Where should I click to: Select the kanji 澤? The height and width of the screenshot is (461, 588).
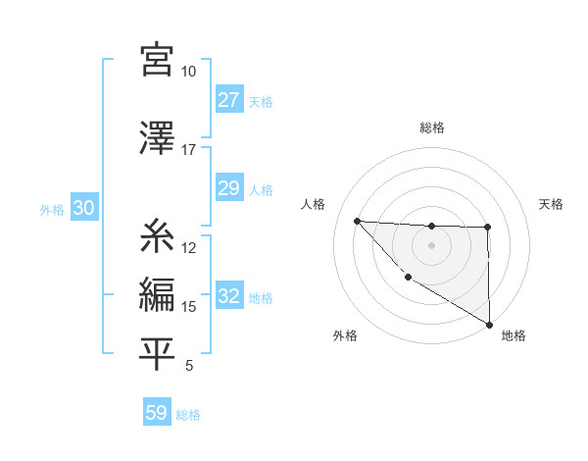[x=158, y=137]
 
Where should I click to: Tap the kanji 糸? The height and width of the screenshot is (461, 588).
[x=158, y=236]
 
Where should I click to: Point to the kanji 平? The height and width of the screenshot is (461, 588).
[x=158, y=354]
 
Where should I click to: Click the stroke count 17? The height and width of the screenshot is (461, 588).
[x=188, y=150]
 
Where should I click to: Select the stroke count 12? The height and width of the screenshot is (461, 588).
[x=188, y=248]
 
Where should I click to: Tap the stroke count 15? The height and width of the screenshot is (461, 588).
[x=188, y=307]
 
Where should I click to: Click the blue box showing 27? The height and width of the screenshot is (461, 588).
[x=228, y=100]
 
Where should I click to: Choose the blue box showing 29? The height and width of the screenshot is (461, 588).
[x=228, y=188]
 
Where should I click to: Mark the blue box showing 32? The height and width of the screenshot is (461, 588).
[x=228, y=296]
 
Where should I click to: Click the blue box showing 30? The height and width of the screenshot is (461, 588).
[x=83, y=208]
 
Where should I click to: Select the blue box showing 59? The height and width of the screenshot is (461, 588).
[x=157, y=413]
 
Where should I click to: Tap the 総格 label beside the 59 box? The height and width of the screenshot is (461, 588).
[x=189, y=415]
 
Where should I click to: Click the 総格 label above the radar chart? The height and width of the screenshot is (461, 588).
[x=431, y=128]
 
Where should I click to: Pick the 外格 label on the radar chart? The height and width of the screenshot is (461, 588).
[x=344, y=336]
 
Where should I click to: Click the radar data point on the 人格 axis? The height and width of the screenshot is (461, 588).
[x=357, y=221]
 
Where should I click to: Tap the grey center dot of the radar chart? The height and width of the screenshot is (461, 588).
[x=431, y=245]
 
